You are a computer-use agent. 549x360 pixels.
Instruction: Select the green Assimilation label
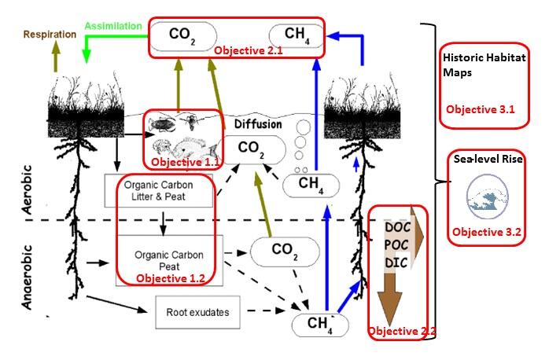tap(113, 25)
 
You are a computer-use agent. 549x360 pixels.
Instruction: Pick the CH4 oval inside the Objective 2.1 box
tap(294, 35)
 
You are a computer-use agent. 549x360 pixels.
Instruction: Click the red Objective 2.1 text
tap(249, 50)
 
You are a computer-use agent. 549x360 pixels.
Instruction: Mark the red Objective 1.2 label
tap(170, 277)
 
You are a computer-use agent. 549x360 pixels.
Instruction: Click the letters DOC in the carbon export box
tap(396, 227)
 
